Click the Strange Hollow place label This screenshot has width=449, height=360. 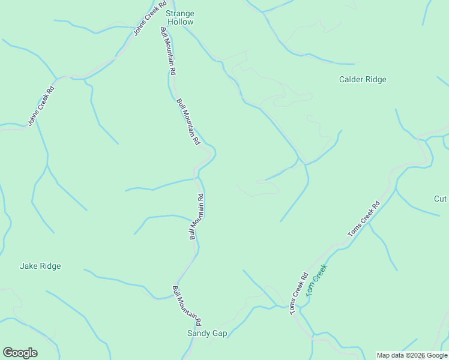coord(180,17)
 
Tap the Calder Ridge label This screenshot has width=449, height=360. coord(363,79)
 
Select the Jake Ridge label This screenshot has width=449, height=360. coord(40,266)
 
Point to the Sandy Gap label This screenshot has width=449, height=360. coord(207,334)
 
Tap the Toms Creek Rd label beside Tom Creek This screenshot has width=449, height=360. coord(300,295)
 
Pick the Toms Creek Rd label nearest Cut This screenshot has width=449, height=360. coord(364,218)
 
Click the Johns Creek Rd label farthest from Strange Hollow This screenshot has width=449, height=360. coord(41,107)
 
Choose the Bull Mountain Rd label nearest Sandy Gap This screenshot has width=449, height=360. coord(187,305)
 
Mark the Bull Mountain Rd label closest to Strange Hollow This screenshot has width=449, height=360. coord(168,50)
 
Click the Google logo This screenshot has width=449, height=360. coord(20,353)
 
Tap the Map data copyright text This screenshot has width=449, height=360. coord(412,355)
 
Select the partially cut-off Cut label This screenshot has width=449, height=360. coord(441,199)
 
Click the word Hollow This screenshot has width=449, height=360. coord(180,22)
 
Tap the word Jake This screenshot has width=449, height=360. coord(29,266)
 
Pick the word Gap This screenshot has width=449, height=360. coord(219,334)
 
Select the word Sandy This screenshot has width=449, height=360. coord(199,334)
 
